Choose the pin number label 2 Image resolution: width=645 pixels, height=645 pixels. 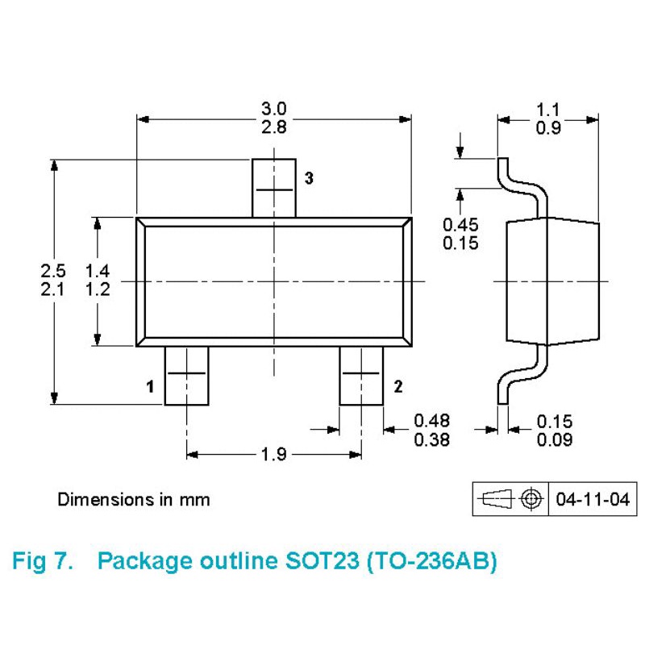click(397, 387)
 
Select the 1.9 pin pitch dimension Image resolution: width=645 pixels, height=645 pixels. click(274, 455)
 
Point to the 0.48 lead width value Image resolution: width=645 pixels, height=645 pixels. click(432, 420)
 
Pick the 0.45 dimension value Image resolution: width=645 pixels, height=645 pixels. click(460, 225)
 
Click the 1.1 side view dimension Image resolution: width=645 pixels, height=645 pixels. click(548, 109)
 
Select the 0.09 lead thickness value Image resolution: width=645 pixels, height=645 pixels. click(554, 440)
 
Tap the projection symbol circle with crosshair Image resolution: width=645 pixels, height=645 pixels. click(529, 499)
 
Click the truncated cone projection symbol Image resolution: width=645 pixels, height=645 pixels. click(495, 499)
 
